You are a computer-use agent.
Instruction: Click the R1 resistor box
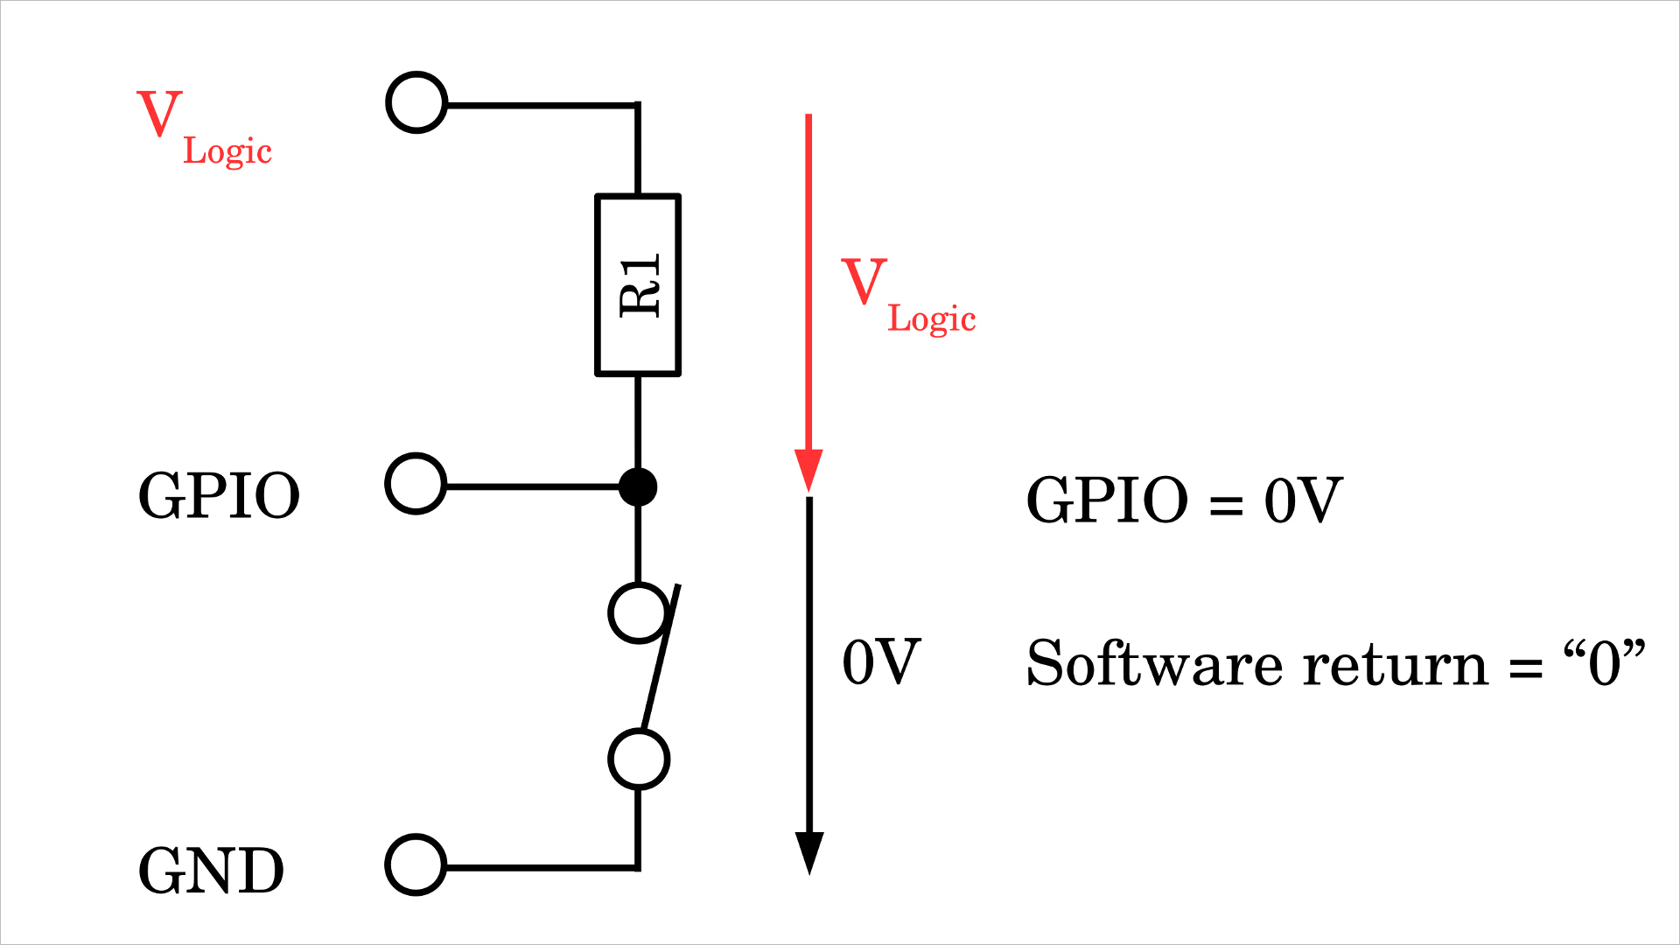[x=638, y=285]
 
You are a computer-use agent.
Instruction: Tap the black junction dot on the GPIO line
[x=638, y=486]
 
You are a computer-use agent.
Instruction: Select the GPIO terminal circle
[x=416, y=484]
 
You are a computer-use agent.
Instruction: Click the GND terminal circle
[x=416, y=865]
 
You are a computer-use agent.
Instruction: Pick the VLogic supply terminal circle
[x=416, y=102]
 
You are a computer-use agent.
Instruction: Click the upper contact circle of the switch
[x=638, y=613]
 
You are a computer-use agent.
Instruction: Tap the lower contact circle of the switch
[x=639, y=759]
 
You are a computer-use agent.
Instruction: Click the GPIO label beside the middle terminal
[x=219, y=496]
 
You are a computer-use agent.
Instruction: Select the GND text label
[x=211, y=871]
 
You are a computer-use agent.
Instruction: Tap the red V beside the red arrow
[x=864, y=282]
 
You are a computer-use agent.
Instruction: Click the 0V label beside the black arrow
[x=880, y=662]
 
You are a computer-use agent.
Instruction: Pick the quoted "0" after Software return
[x=1604, y=663]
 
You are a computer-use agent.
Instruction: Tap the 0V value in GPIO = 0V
[x=1303, y=500]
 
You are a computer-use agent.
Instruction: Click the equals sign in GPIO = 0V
[x=1225, y=505]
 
